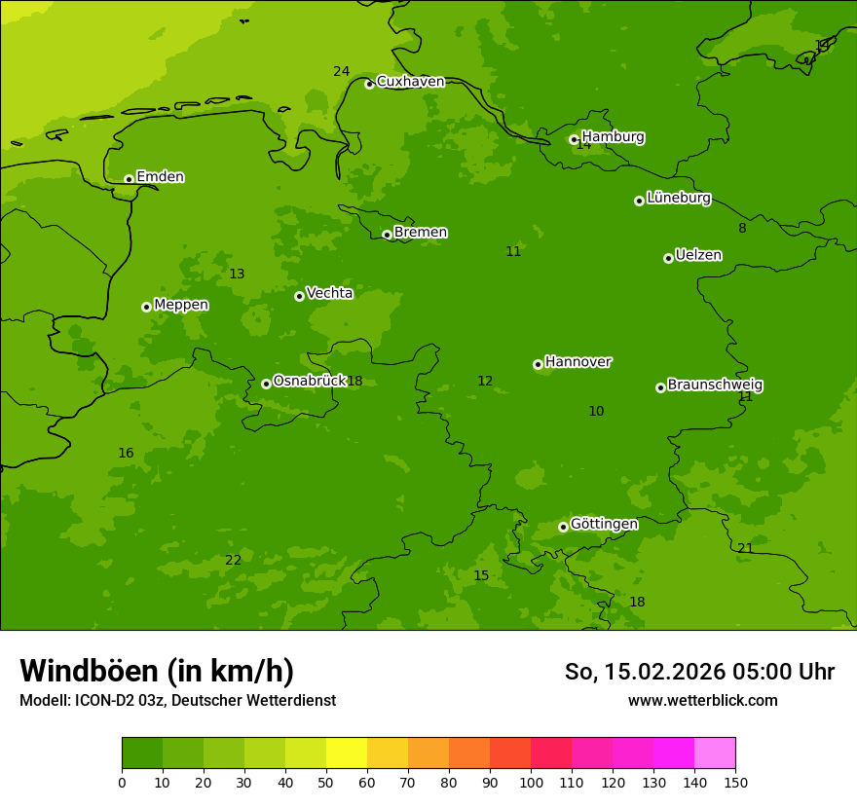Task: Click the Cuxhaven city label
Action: pyautogui.click(x=410, y=82)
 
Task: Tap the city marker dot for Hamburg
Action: pyautogui.click(x=574, y=139)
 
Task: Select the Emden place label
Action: pyautogui.click(x=160, y=177)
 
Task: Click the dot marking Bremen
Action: pyautogui.click(x=387, y=235)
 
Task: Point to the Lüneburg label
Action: pyautogui.click(x=678, y=199)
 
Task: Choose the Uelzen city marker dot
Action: pyautogui.click(x=668, y=258)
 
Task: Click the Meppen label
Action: pyautogui.click(x=181, y=305)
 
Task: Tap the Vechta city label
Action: pyautogui.click(x=329, y=293)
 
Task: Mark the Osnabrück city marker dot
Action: pyautogui.click(x=266, y=384)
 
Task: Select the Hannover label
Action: pyautogui.click(x=578, y=362)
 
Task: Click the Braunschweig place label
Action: pyautogui.click(x=715, y=386)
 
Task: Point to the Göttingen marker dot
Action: pyautogui.click(x=563, y=527)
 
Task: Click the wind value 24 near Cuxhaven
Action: pyautogui.click(x=341, y=71)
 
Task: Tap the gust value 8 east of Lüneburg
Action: pyautogui.click(x=742, y=228)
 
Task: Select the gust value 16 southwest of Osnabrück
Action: pyautogui.click(x=126, y=453)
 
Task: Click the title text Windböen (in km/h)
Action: pyautogui.click(x=157, y=671)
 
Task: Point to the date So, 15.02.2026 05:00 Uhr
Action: pyautogui.click(x=699, y=672)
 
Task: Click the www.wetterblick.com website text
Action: pyautogui.click(x=702, y=700)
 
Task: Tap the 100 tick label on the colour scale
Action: pyautogui.click(x=531, y=782)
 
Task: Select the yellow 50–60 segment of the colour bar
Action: pyautogui.click(x=347, y=753)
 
